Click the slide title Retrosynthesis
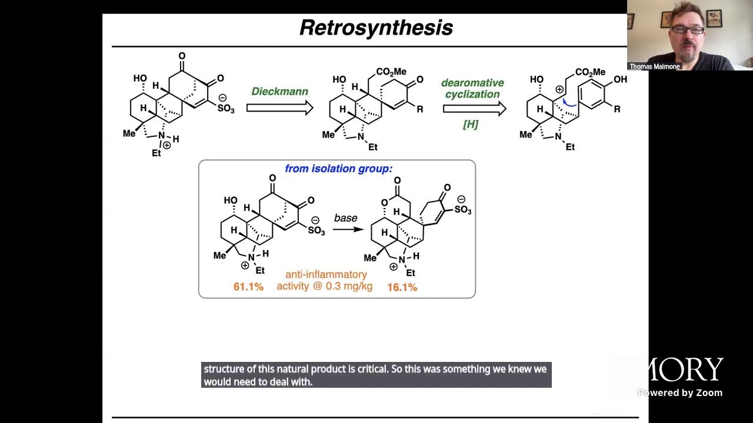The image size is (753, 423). tap(376, 28)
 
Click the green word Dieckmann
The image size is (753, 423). tap(280, 92)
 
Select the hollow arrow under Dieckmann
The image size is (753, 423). tap(279, 108)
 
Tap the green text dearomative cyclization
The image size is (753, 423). tap(472, 89)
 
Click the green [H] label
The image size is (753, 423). tap(471, 124)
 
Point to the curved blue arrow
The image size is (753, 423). tap(568, 104)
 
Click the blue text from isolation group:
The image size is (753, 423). tap(338, 169)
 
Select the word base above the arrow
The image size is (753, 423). tap(346, 218)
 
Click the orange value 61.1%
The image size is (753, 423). tap(248, 287)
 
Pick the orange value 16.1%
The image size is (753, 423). tap(402, 287)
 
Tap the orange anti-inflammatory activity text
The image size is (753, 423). tap(325, 280)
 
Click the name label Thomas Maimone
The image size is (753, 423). tap(654, 66)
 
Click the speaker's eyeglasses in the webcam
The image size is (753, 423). tap(687, 30)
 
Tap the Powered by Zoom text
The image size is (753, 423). tap(680, 393)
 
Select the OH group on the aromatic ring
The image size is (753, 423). tap(620, 79)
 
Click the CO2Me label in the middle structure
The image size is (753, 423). tap(391, 72)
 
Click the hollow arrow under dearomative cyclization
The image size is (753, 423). tap(474, 108)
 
